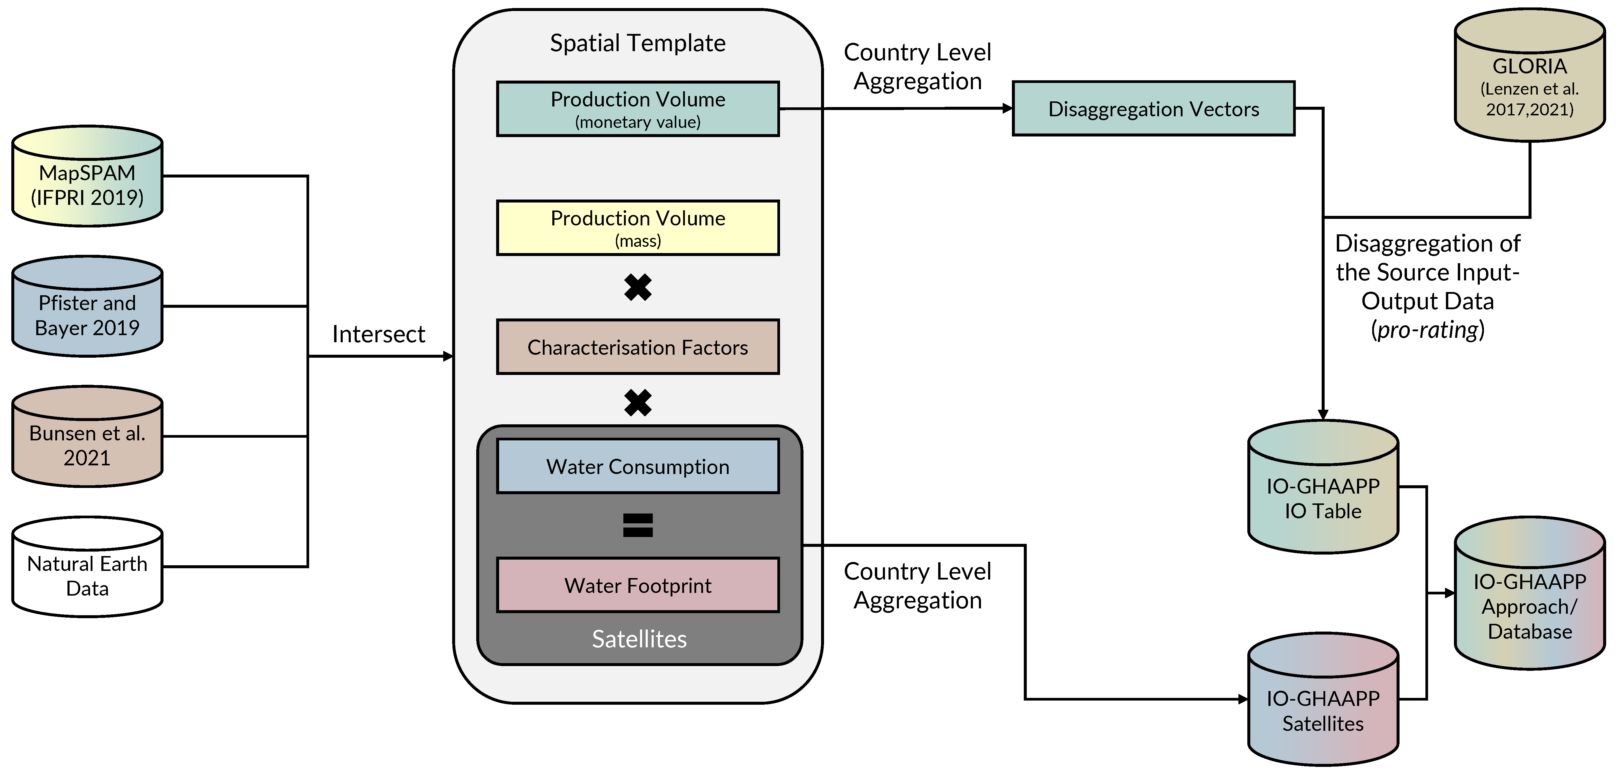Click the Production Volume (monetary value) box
click(x=637, y=109)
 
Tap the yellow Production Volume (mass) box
click(x=637, y=228)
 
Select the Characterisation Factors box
click(x=637, y=347)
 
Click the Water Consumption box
click(x=637, y=466)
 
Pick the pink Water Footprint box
click(x=637, y=585)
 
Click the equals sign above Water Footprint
click(x=637, y=525)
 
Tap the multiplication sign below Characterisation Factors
click(x=637, y=404)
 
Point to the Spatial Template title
click(x=637, y=43)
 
